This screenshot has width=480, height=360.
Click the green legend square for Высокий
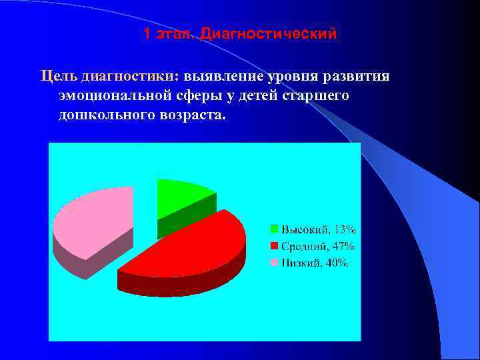click(274, 229)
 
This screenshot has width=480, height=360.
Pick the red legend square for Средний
click(274, 246)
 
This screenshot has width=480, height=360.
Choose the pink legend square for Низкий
click(274, 263)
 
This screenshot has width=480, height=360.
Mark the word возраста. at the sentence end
click(193, 115)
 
